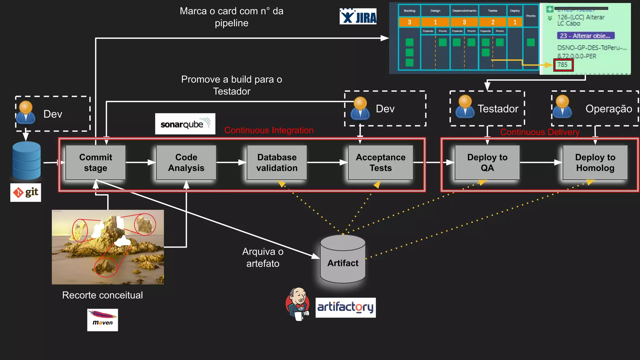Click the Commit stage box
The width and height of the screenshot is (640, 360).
click(95, 162)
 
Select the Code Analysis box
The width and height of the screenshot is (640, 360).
click(186, 162)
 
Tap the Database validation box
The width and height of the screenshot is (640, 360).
click(277, 162)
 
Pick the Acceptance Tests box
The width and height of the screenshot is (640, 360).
click(380, 162)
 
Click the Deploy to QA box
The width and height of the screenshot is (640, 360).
click(487, 162)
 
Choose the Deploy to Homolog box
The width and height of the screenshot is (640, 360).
click(595, 162)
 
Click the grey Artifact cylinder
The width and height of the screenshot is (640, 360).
click(343, 259)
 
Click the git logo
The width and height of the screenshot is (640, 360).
click(26, 192)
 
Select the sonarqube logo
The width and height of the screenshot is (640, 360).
click(185, 124)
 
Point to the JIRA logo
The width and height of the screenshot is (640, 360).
click(358, 17)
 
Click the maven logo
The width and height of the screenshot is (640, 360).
click(102, 320)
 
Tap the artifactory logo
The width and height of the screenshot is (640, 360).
click(345, 307)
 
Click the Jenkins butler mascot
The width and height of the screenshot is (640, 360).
click(297, 304)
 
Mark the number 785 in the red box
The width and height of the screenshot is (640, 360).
click(563, 65)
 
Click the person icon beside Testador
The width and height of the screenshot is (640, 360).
click(465, 107)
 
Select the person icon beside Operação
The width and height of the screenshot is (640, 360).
click(562, 107)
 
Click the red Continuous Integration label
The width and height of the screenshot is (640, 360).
click(269, 130)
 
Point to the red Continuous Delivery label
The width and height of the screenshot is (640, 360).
click(540, 132)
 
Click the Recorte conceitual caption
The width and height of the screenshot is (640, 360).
click(102, 295)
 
